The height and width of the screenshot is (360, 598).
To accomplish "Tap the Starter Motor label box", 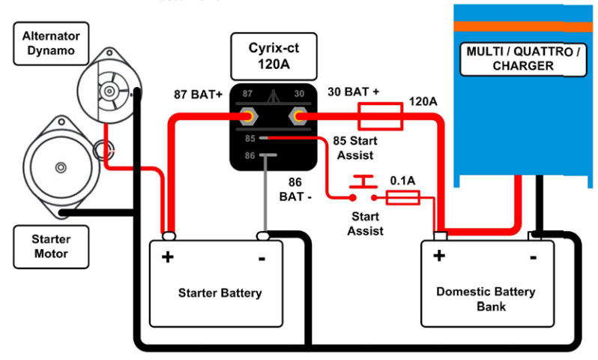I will (50, 247).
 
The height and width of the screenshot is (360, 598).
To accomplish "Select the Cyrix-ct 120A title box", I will (275, 56).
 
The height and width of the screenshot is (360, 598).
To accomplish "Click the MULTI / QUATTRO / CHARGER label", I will (523, 59).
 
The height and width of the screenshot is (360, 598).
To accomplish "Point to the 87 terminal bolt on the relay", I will (246, 117).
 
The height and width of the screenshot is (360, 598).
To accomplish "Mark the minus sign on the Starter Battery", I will (262, 258).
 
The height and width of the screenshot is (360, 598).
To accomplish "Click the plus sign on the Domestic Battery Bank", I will (439, 256).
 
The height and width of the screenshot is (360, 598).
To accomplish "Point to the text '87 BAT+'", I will (197, 96).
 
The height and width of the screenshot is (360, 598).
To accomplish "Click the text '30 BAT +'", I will (353, 91).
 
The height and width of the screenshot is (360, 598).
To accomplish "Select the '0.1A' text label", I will (404, 181).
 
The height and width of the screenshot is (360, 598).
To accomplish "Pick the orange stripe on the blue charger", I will (523, 26).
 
